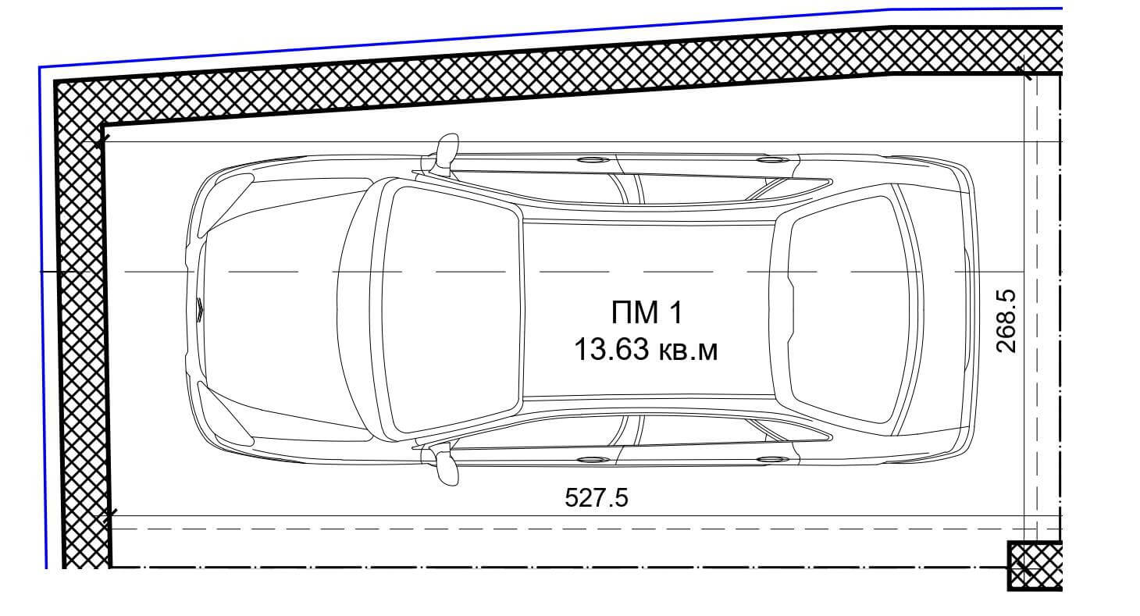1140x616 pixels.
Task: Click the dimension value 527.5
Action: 597,497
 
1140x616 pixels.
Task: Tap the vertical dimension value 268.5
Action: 1006,321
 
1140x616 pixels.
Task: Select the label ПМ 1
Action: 647,312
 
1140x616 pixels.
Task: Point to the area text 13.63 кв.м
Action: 646,350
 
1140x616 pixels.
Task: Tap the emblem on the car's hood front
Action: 199,309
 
